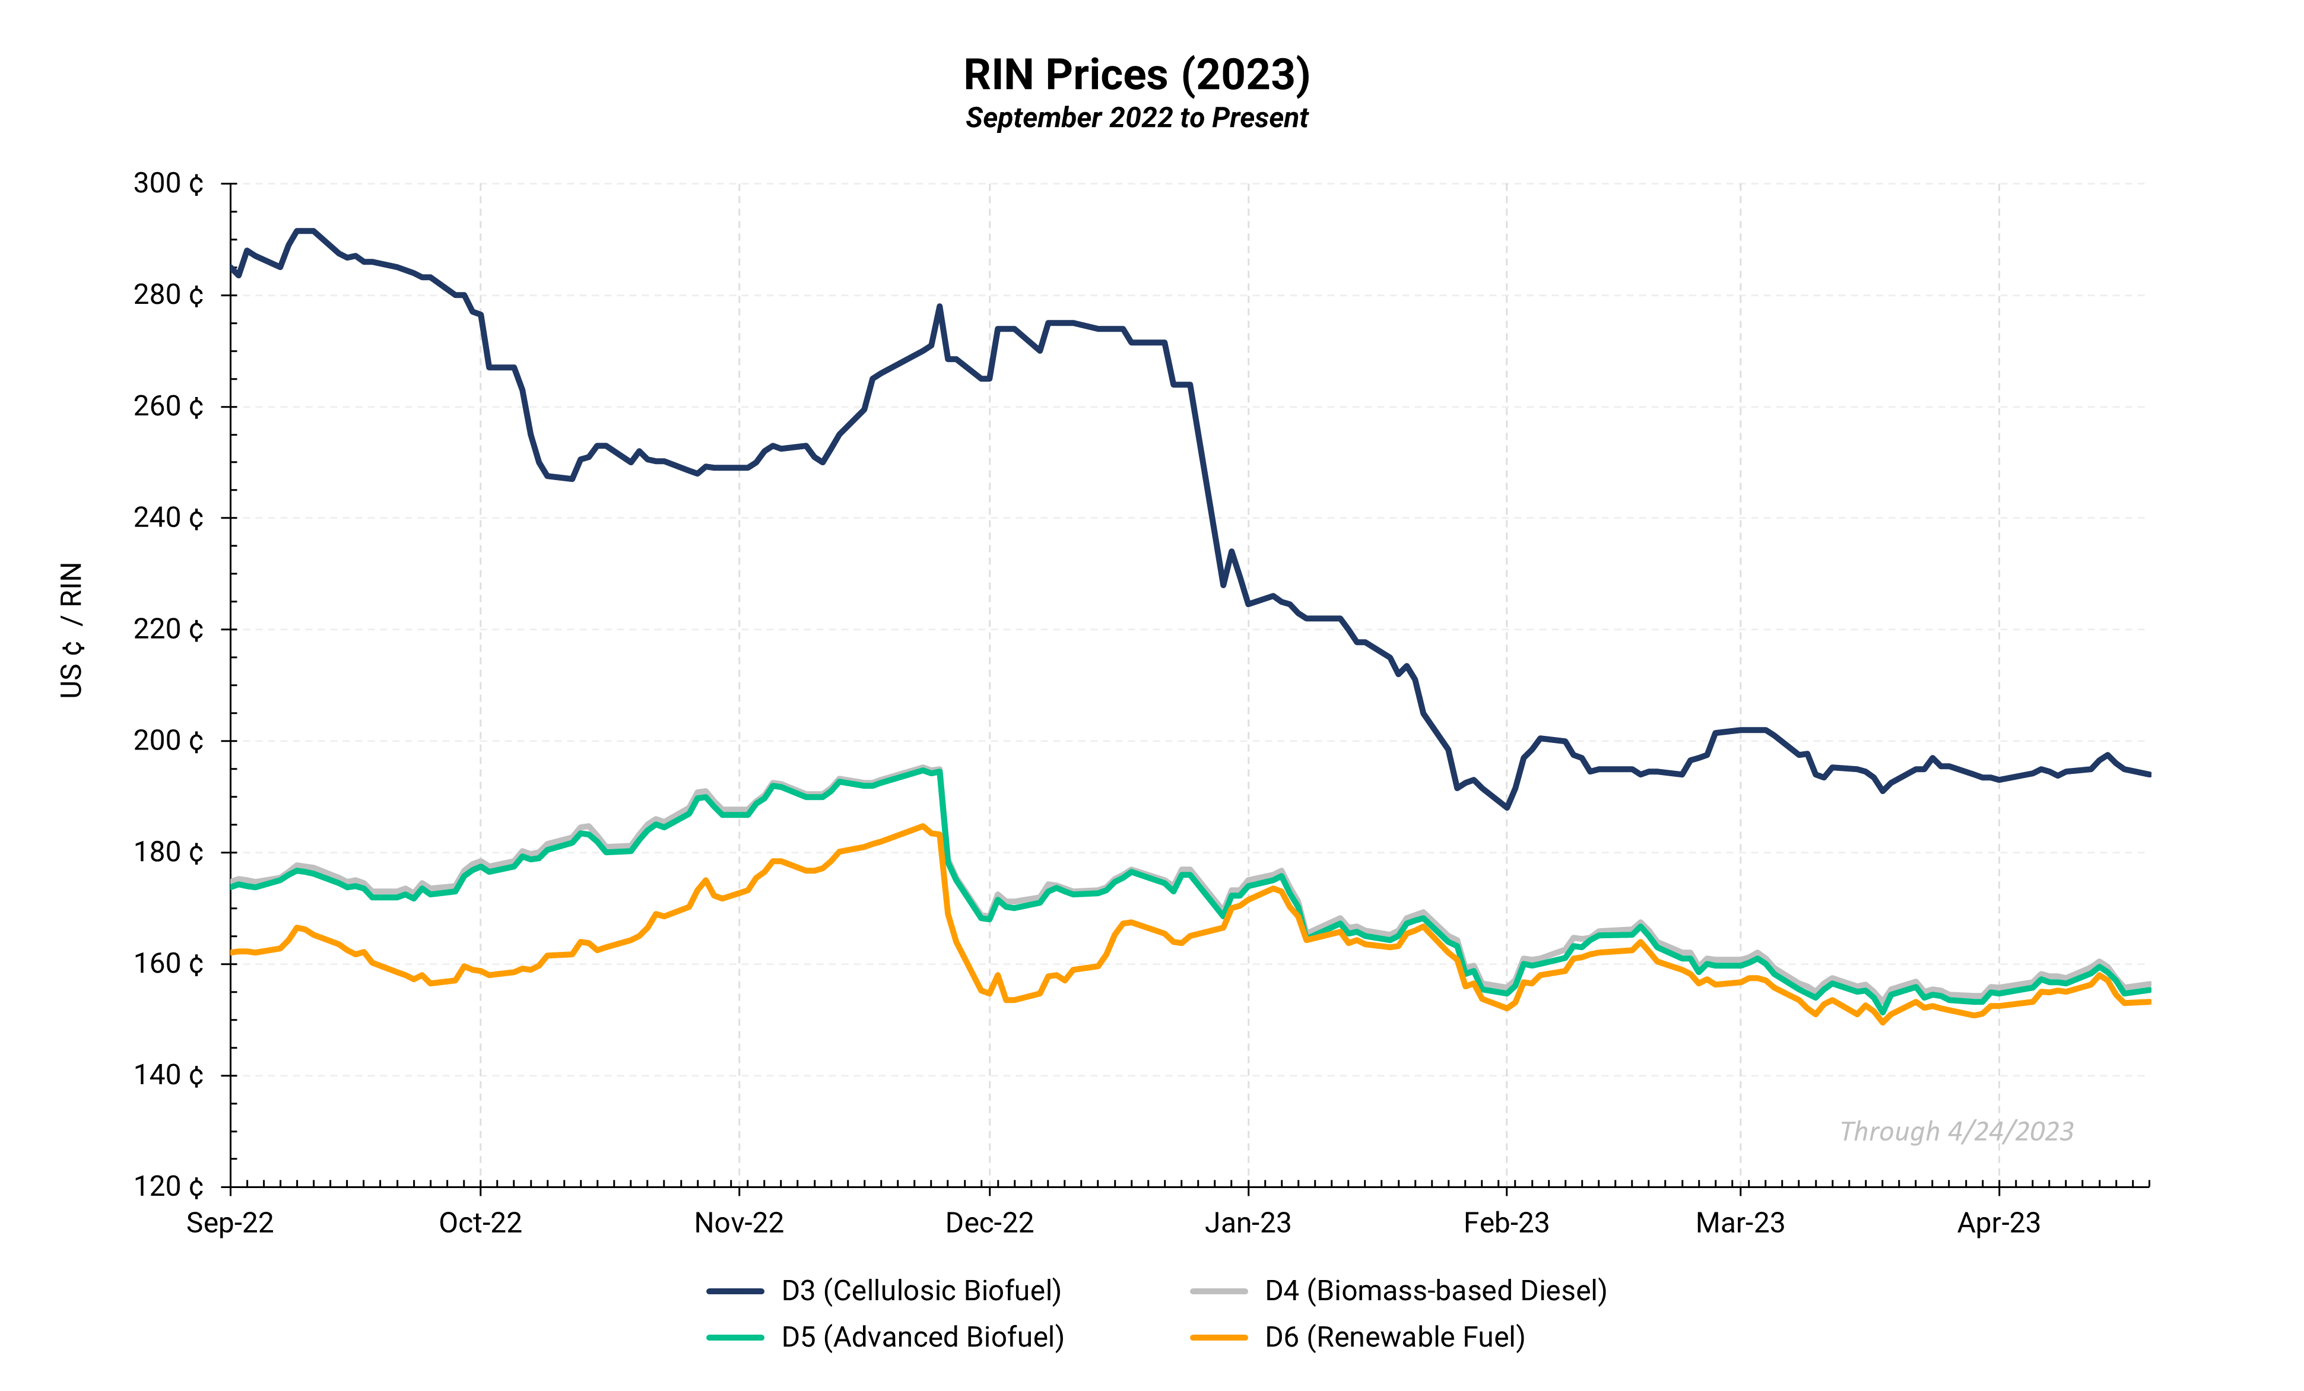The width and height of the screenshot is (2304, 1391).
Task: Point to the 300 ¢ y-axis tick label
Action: pos(169,184)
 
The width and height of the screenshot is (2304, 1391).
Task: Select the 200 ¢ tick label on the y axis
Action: pos(169,741)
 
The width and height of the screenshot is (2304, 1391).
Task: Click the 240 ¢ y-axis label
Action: pos(169,518)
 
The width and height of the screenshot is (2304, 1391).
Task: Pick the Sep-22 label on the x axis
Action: pos(230,1222)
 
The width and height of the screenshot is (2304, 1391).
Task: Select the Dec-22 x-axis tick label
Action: pos(989,1222)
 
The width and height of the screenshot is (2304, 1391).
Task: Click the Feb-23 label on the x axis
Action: pos(1506,1222)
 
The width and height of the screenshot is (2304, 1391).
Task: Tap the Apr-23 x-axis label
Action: pos(1999,1222)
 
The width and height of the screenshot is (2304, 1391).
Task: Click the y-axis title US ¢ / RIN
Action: pos(72,630)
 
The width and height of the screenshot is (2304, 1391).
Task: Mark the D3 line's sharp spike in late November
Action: pos(939,307)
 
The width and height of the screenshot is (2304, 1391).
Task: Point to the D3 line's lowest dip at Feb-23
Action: pos(1506,806)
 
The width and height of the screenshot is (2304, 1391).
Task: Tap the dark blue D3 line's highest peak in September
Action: pos(305,231)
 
